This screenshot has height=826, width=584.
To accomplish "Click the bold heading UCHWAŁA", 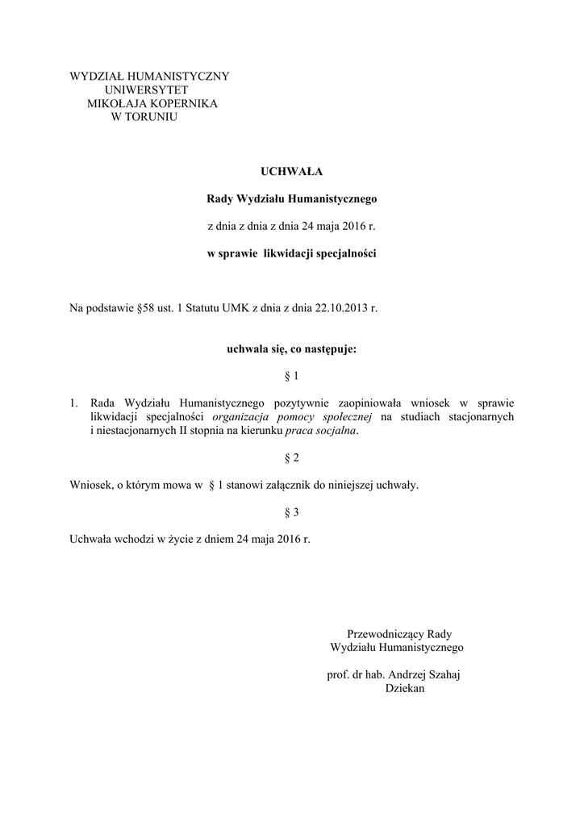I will (291, 170).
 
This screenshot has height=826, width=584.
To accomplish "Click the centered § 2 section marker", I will (291, 458).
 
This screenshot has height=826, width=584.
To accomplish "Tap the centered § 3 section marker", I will (291, 511).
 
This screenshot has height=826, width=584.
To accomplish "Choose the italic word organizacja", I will (243, 416).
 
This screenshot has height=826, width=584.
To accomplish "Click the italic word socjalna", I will (333, 430).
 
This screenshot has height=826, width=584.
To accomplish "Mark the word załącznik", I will (304, 485).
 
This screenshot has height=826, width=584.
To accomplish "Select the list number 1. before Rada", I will (74, 403).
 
